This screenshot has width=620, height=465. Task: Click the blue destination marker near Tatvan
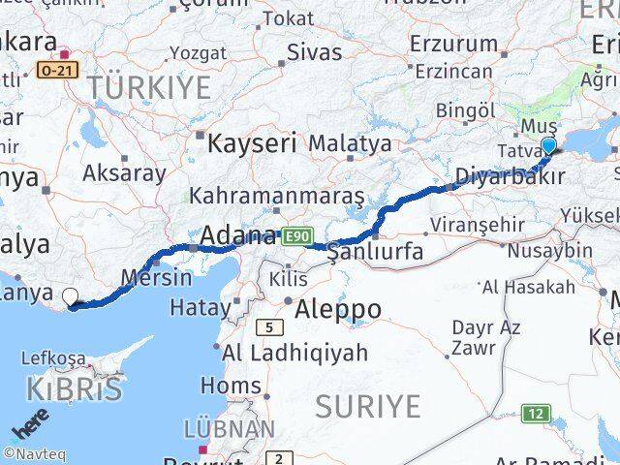pyautogui.click(x=549, y=146)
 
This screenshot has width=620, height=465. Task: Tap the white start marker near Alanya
pyautogui.click(x=71, y=297)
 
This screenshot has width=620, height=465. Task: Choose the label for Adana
pyautogui.click(x=237, y=235)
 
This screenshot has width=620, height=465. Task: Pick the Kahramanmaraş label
pyautogui.click(x=277, y=196)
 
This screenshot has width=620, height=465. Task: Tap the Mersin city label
pyautogui.click(x=156, y=277)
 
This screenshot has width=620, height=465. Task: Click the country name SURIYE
pyautogui.click(x=374, y=405)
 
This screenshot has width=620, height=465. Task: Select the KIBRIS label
pyautogui.click(x=76, y=390)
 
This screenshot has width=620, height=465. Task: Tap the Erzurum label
pyautogui.click(x=453, y=44)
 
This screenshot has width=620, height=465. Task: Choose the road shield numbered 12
pyautogui.click(x=536, y=414)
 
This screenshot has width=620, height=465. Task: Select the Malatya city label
pyautogui.click(x=350, y=143)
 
